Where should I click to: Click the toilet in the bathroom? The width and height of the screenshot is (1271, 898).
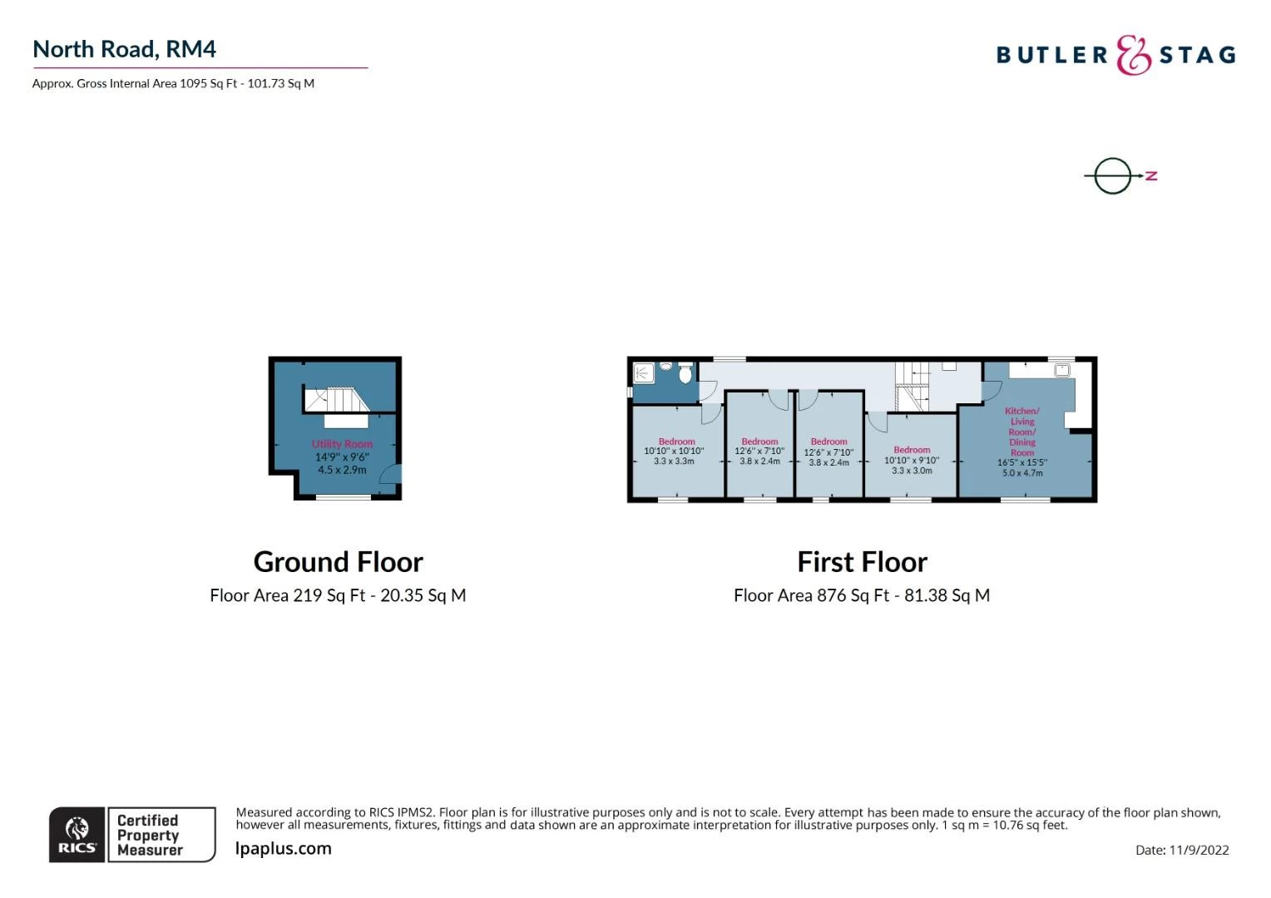tap(685, 373)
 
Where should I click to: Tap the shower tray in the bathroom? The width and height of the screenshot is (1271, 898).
tap(644, 373)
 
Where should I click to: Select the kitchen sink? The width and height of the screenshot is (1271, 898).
tap(1061, 371)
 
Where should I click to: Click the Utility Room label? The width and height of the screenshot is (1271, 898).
tap(342, 444)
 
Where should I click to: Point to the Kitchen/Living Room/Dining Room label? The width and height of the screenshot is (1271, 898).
tap(1022, 432)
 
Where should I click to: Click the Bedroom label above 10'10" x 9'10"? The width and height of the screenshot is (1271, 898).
tap(912, 449)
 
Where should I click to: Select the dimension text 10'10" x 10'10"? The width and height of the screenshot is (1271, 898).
tap(674, 451)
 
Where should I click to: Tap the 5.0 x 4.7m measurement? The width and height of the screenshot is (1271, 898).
tap(1022, 472)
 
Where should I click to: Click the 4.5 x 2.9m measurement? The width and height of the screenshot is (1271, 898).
tap(342, 470)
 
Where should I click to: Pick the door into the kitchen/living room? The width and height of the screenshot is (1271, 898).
tap(992, 389)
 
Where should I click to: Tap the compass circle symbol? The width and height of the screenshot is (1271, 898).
tap(1113, 175)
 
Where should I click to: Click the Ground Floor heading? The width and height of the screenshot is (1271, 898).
tap(339, 561)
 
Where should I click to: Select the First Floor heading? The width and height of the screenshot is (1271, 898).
tap(862, 561)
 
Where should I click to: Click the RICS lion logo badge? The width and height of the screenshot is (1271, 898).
tap(77, 835)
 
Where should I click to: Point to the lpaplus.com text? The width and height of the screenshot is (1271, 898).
tap(283, 848)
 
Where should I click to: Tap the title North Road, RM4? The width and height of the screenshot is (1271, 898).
tap(124, 49)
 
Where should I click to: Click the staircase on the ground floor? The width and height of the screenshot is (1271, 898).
tap(337, 399)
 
